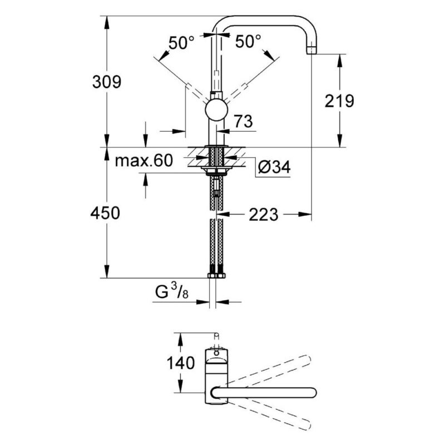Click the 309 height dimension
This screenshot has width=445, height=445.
coord(107,82)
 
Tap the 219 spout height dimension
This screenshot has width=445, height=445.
coord(339,101)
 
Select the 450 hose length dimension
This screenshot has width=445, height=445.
coord(105,213)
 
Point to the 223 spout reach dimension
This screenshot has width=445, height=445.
coord(263,215)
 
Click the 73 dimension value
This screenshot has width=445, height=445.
coord(243,121)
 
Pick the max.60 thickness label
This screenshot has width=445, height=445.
coord(144,161)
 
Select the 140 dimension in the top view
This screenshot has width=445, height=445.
coord(180,363)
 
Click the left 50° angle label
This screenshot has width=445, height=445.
coord(182,42)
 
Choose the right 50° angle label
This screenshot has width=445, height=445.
coord(248,41)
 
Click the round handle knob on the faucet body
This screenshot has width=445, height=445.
coord(216,110)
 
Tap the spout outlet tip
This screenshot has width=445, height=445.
coord(311,51)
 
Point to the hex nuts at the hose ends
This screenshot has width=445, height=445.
coord(216,275)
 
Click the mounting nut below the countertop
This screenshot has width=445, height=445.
coord(216,170)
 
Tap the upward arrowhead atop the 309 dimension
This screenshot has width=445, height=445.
coord(107,22)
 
